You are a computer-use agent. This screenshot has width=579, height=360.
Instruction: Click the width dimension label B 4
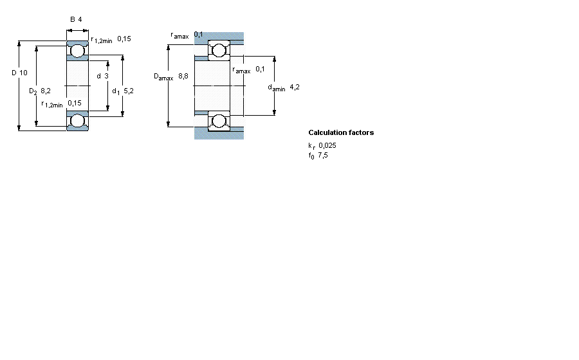(76, 19)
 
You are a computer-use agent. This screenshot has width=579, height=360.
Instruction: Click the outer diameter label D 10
(19, 73)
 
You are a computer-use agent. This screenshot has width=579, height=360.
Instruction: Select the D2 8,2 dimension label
(40, 92)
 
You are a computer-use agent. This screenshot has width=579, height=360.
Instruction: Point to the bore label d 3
(102, 76)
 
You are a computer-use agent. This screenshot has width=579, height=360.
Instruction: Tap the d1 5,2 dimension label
(123, 91)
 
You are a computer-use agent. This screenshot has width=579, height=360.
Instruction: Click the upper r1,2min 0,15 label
(111, 40)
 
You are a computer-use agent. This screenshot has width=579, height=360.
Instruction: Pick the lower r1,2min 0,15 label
(61, 104)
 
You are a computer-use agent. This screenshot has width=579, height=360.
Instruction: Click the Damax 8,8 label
(171, 76)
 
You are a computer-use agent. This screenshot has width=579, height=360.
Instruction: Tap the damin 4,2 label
(284, 87)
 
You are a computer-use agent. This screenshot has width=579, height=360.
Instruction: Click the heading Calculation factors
(341, 133)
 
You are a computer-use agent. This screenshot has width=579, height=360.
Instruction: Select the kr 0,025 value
(322, 146)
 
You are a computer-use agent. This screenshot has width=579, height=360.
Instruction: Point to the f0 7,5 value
(318, 156)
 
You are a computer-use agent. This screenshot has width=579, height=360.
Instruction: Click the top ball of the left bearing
(78, 50)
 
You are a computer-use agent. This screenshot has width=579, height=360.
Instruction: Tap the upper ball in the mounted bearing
(219, 50)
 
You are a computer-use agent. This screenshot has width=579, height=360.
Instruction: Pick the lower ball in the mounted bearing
(219, 120)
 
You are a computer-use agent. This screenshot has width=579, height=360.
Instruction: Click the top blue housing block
(219, 37)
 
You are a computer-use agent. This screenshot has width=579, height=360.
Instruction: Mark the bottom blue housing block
(219, 134)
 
